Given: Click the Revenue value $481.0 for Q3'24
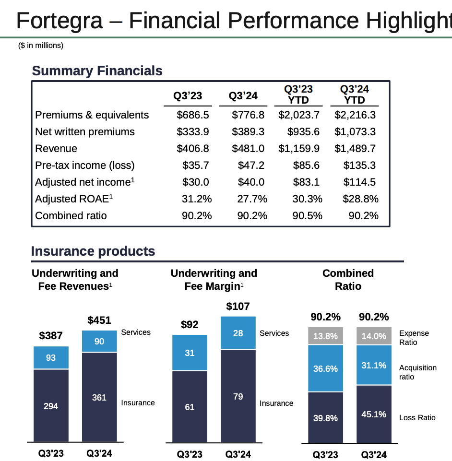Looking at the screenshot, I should pos(248,149).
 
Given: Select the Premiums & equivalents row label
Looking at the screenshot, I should pos(92,115).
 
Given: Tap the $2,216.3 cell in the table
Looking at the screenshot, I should pos(355,115).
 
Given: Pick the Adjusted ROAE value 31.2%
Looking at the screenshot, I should pos(197,199).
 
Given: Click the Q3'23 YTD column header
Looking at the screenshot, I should pos(298,95).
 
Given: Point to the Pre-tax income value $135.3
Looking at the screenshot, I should pos(359,165).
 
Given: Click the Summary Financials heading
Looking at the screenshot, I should pos(97,71).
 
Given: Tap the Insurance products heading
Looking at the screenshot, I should pos(93,251).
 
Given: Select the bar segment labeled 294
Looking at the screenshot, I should pos(51,406).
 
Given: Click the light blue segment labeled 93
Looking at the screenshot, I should pos(51,357).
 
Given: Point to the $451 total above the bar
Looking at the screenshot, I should pos(99,320).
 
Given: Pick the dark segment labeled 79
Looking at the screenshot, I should pos(238,396).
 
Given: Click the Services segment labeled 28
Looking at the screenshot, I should pos(238,333).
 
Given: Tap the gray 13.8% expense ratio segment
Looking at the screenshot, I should pos(325,336).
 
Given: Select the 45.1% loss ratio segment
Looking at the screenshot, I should pos(374,414).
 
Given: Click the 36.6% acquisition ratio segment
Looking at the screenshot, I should pos(325,368).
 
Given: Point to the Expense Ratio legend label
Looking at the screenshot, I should pos(414,338).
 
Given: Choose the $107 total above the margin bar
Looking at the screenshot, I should pos(238,306).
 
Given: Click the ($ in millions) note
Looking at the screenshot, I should pos(41,46).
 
